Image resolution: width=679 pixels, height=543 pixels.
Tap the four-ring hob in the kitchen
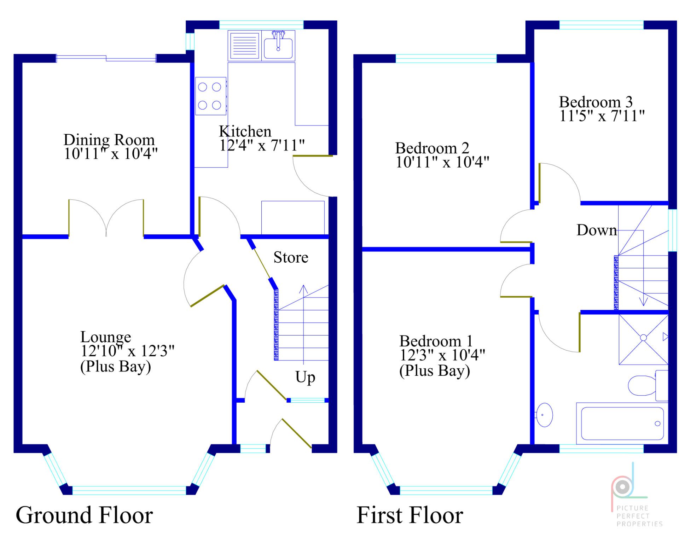click(x=211, y=96)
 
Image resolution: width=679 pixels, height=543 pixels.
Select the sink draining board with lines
click(x=244, y=46)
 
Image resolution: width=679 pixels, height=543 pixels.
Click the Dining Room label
click(x=109, y=140)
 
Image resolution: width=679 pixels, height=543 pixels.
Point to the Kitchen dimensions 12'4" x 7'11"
click(x=262, y=145)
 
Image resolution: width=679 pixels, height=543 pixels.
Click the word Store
click(x=291, y=257)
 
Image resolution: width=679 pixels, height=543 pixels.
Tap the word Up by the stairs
click(x=305, y=377)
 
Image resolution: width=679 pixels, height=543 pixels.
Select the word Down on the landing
click(x=597, y=230)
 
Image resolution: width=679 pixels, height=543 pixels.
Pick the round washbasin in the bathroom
click(x=545, y=415)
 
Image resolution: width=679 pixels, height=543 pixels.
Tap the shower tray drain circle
click(x=644, y=338)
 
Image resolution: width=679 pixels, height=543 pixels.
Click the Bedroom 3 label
click(x=596, y=102)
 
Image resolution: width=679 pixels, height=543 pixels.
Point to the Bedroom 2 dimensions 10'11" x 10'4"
click(x=442, y=162)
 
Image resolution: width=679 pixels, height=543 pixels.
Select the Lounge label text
click(x=105, y=337)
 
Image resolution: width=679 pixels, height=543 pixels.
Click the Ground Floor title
click(x=84, y=515)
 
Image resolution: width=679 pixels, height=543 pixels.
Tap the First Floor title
click(x=410, y=515)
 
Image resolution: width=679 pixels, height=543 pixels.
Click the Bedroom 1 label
click(x=436, y=341)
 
